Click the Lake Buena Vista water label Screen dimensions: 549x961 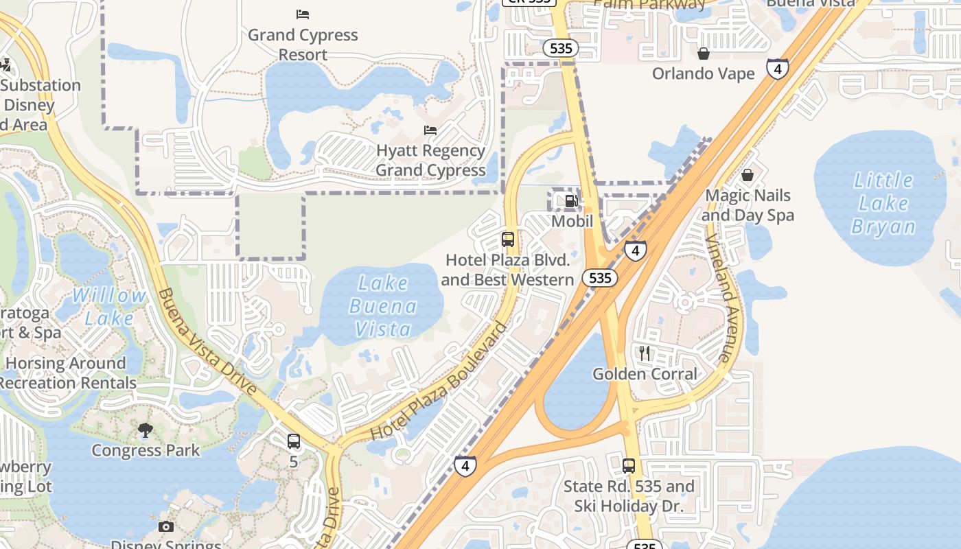point(383,305)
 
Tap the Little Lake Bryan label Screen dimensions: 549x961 point(883,203)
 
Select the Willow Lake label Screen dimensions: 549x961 point(110,307)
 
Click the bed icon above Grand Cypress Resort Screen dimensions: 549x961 point(303,14)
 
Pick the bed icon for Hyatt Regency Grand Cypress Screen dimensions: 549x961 point(430,130)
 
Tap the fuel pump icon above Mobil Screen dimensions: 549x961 point(571,201)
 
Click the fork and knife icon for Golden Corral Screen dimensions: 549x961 point(644,353)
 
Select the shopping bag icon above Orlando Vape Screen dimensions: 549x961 point(704,54)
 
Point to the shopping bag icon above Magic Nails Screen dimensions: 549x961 point(748,176)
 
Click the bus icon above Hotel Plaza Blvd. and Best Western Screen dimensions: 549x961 point(508,240)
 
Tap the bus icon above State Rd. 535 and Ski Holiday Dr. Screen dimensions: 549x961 point(629,466)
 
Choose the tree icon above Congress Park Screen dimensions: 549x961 point(146,430)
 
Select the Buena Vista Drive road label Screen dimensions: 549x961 point(207,342)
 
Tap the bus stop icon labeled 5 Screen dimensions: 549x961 point(294,441)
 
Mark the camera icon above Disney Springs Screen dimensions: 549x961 point(165,527)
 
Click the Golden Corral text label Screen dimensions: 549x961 point(645,374)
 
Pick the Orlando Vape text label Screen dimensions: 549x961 point(704,73)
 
